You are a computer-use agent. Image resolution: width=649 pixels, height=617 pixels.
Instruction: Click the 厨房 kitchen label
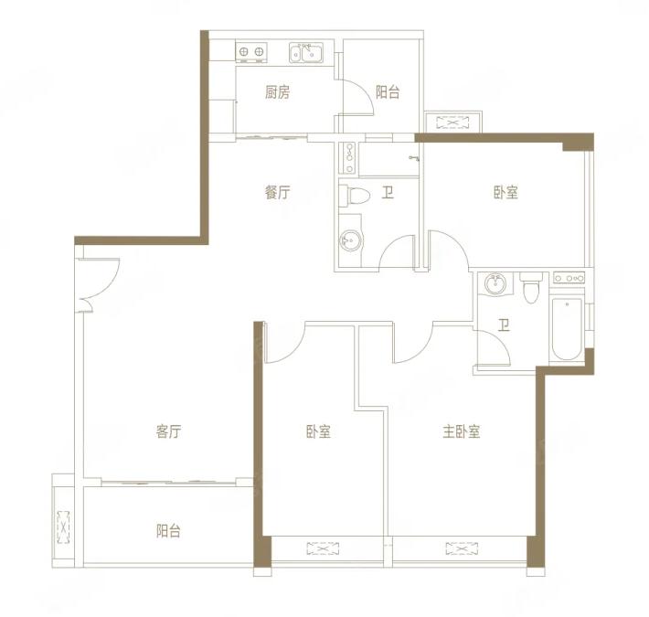[277, 92]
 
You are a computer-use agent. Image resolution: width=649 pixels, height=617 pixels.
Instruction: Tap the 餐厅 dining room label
[277, 193]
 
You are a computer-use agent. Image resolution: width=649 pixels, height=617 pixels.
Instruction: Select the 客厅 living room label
[168, 431]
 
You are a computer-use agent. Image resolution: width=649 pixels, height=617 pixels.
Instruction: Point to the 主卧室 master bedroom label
[462, 431]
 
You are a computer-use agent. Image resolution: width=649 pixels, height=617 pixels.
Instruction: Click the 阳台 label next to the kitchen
[388, 92]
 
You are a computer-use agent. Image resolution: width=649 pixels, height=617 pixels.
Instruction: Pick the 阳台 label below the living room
[168, 531]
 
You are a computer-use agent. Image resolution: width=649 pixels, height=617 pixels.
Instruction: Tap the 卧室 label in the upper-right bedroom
[505, 193]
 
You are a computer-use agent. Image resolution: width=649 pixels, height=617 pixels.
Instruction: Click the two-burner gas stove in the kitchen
[251, 52]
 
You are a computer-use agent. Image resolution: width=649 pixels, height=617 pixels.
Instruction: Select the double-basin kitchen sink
[306, 52]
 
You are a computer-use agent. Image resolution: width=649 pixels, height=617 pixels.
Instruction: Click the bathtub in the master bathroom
[567, 329]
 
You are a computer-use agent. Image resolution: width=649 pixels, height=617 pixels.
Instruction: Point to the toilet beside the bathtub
[530, 287]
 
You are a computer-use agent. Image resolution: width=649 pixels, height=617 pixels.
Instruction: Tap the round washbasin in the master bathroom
[495, 284]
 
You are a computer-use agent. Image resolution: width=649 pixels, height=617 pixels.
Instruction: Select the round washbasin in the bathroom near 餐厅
[351, 240]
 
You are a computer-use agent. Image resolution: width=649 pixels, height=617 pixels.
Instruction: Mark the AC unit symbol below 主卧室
[462, 548]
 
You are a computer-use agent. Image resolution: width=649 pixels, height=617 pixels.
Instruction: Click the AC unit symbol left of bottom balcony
[63, 527]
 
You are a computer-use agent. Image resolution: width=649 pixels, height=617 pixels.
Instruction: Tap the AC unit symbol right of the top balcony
[452, 122]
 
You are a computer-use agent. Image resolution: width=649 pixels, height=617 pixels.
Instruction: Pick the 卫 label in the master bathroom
[504, 325]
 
